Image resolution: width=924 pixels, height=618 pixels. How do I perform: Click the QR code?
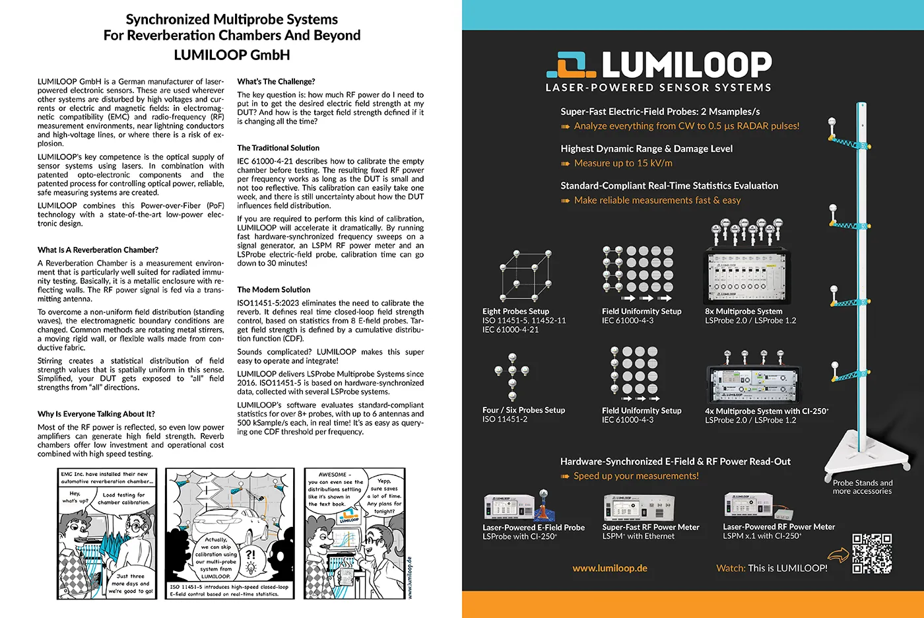pyautogui.click(x=871, y=553)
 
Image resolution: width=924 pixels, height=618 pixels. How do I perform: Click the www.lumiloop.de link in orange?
pyautogui.click(x=609, y=568)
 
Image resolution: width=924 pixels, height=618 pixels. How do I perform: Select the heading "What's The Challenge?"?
pyautogui.click(x=276, y=82)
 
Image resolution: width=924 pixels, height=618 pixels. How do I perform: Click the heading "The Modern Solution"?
pyautogui.click(x=273, y=290)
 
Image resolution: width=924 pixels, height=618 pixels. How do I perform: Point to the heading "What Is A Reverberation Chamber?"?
pyautogui.click(x=98, y=250)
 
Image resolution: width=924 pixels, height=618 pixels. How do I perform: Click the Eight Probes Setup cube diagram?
pyautogui.click(x=525, y=275)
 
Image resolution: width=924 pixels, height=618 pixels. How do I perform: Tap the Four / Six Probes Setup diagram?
pyautogui.click(x=512, y=376)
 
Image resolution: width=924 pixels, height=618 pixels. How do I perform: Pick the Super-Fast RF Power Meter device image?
pyautogui.click(x=638, y=507)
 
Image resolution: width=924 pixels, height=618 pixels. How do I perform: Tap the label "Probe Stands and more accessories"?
pyautogui.click(x=862, y=487)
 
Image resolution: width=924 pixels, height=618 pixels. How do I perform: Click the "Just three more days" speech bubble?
pyautogui.click(x=130, y=584)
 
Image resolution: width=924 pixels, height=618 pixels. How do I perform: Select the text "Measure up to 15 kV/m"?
pyautogui.click(x=623, y=163)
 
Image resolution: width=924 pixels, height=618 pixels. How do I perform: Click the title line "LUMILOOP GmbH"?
pyautogui.click(x=232, y=55)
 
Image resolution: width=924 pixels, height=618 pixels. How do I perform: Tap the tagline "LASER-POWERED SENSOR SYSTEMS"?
pyautogui.click(x=658, y=88)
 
